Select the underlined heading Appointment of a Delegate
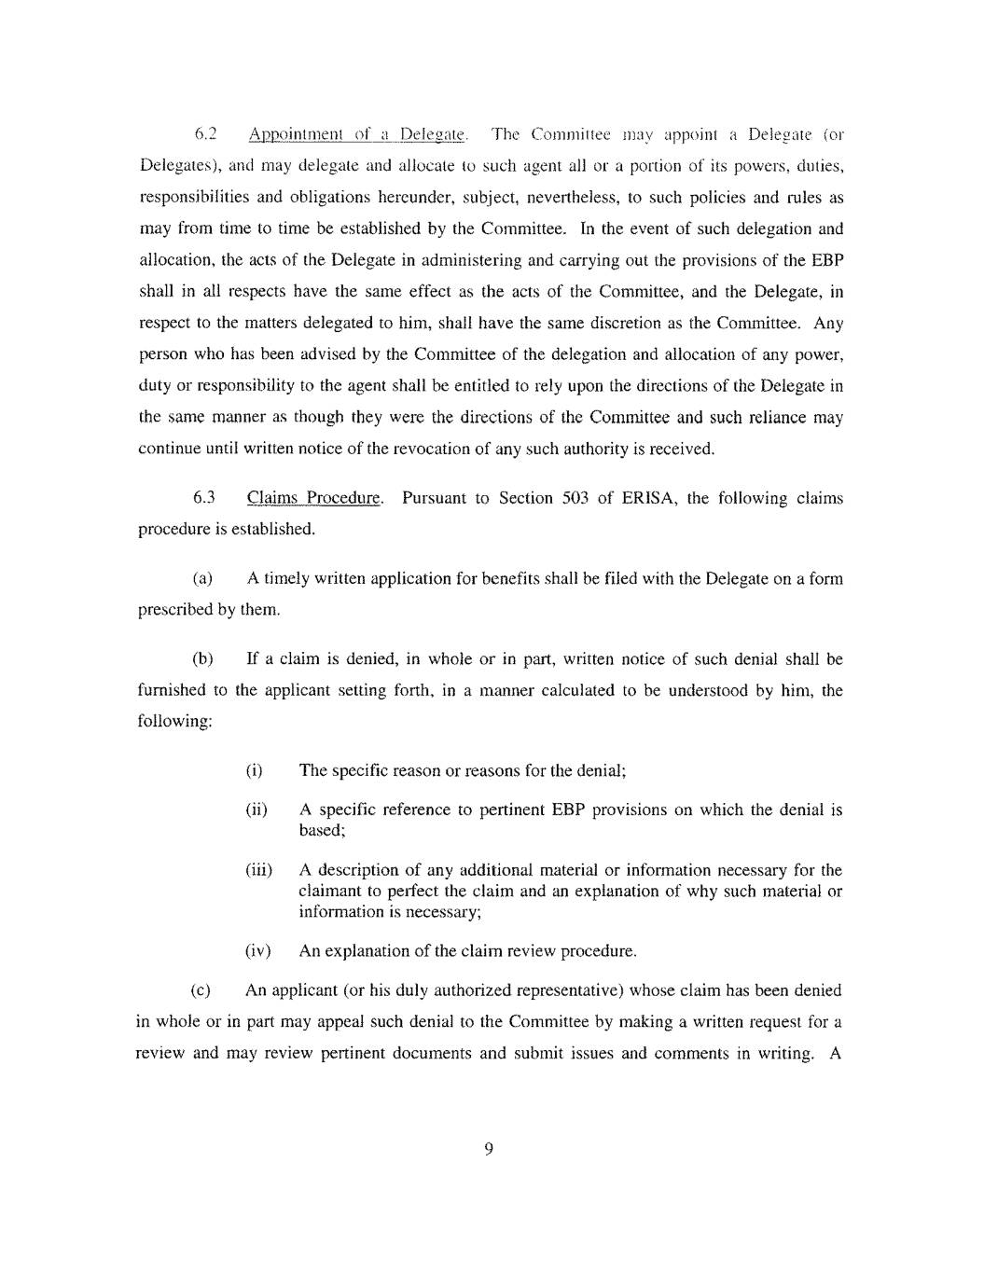[356, 135]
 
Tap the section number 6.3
[205, 498]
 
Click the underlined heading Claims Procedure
[314, 498]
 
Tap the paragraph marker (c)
[201, 990]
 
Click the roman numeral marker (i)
[254, 770]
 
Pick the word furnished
[172, 690]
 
